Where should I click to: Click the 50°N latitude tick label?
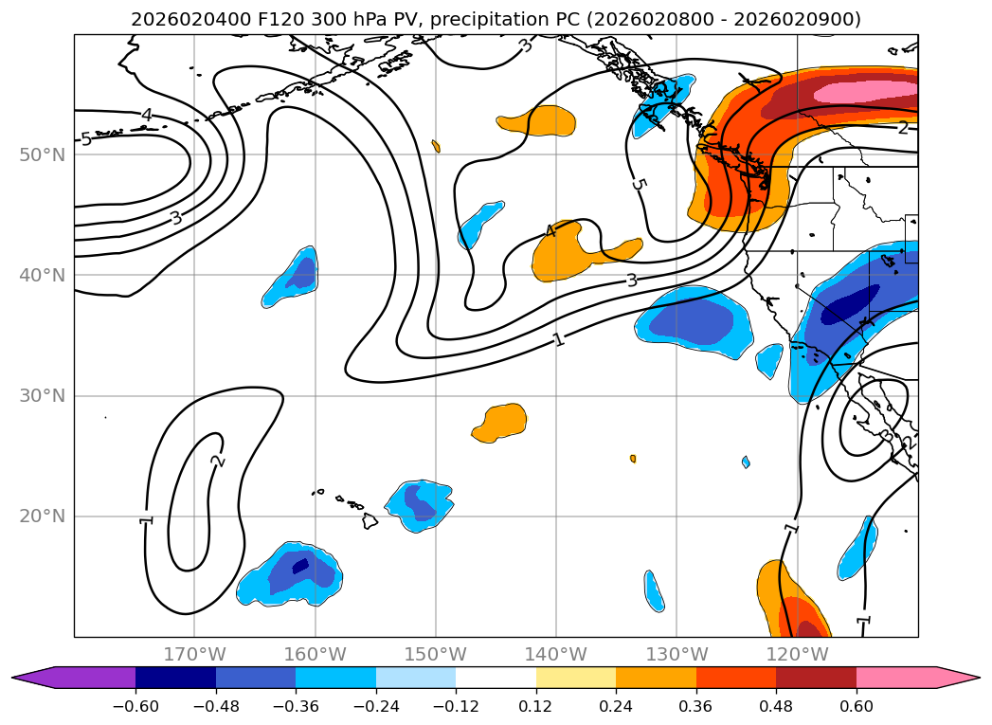tap(43, 155)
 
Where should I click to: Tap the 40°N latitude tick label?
tap(43, 275)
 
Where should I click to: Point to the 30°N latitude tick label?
tap(43, 396)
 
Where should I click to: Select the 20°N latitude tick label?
tap(43, 517)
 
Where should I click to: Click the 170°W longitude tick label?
tap(195, 654)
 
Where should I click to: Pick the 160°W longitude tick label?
tap(316, 654)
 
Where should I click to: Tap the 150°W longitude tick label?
tap(436, 654)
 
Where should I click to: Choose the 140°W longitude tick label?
tap(556, 654)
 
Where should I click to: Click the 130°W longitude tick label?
tap(676, 654)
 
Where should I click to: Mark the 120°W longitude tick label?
tap(797, 654)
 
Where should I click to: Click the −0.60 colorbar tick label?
tap(135, 706)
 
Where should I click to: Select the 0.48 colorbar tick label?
tap(776, 706)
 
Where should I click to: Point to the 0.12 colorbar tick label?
tap(536, 706)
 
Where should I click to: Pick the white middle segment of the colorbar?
tap(496, 678)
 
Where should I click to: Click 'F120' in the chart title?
tap(281, 20)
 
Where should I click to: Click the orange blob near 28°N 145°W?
tap(501, 423)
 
